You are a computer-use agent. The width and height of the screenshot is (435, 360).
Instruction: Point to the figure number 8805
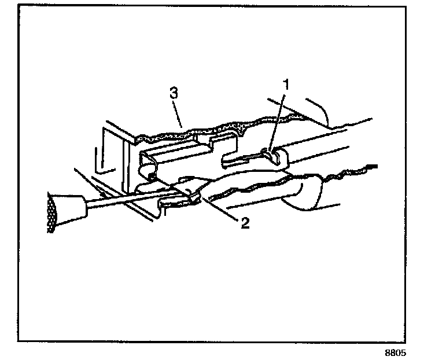399,352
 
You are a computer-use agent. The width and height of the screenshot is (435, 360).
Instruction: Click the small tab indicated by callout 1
267,154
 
